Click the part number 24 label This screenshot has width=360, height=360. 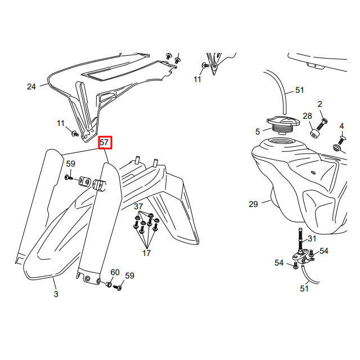[31, 87]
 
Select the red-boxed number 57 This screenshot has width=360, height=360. [105, 143]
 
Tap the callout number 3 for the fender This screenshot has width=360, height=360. [56, 294]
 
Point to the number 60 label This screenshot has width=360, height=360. [115, 272]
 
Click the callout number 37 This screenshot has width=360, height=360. [138, 206]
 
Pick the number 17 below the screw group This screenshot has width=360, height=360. [146, 253]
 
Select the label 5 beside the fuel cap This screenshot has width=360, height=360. [258, 132]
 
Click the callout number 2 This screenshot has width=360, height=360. [319, 104]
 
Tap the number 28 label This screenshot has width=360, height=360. [307, 116]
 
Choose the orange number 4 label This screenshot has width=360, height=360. [341, 126]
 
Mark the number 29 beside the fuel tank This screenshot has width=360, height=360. [253, 204]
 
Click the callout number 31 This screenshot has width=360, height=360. [312, 238]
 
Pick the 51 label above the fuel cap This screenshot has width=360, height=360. [299, 90]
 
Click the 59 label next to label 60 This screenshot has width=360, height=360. [129, 276]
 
